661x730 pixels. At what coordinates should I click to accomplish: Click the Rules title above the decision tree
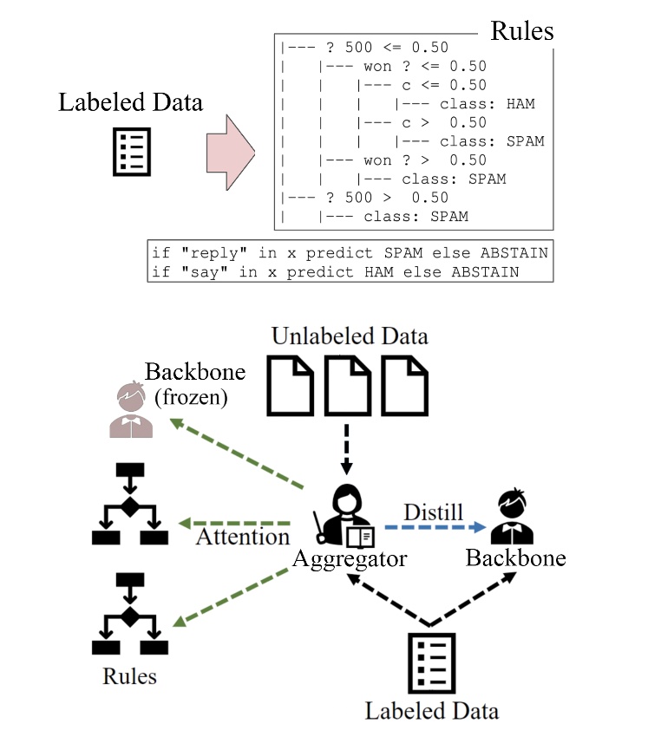[x=521, y=30]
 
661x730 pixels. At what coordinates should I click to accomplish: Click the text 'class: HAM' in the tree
[x=487, y=104]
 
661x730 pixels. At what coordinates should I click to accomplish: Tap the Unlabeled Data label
[x=350, y=335]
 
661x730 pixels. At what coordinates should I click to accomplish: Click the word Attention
[x=242, y=537]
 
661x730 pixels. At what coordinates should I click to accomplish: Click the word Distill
[x=433, y=512]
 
